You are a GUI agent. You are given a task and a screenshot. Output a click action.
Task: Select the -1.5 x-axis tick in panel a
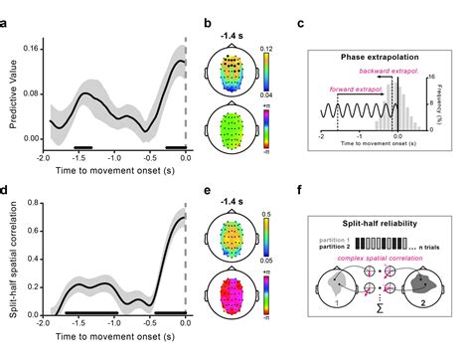pos(79,157)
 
